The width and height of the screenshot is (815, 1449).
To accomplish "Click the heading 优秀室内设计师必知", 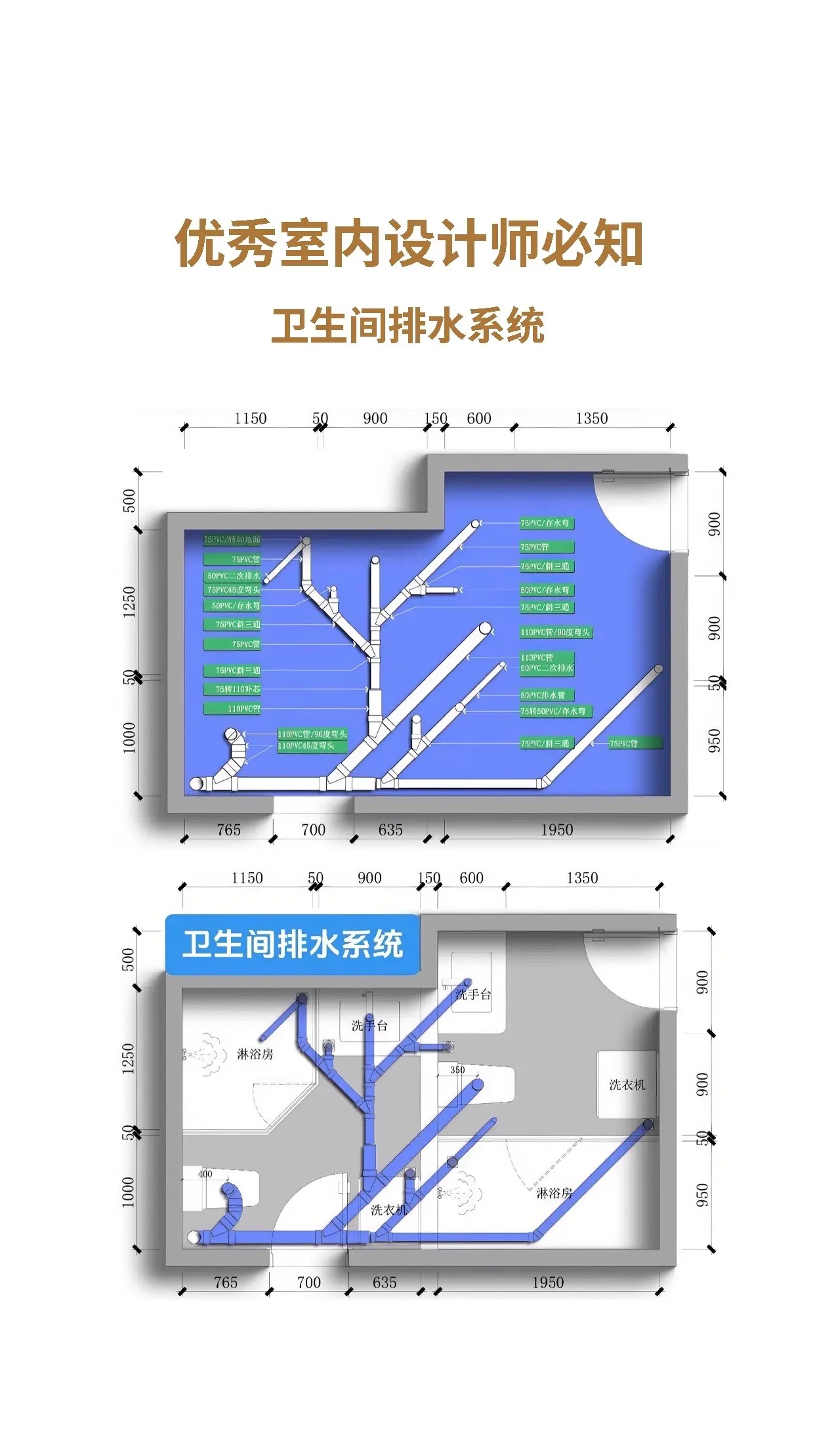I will point(408,244).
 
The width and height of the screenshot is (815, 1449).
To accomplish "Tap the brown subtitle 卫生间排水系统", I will point(407,325).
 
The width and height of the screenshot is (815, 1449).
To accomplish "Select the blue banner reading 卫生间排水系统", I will point(293,944).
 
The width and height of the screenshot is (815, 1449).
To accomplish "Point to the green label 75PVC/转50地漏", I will point(232,539).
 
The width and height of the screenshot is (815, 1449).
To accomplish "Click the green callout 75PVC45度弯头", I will point(234,590).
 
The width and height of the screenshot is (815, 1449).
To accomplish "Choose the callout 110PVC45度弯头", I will point(306,746).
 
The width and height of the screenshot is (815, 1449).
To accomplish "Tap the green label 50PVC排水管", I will point(543,696).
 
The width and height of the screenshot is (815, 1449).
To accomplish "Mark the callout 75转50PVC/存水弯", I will point(553,711).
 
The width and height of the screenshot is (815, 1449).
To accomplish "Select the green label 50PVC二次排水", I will point(234,576).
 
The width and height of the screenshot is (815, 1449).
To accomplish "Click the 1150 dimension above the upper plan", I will point(250,419).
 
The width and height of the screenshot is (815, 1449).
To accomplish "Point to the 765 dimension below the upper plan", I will point(228,830).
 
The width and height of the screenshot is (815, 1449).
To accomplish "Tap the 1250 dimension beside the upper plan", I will point(129,602).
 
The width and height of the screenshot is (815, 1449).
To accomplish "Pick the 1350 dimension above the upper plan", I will point(591,419).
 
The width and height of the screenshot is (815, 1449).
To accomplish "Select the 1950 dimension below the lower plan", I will point(547,1282).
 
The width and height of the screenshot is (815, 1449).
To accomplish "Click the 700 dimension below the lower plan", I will point(308,1282).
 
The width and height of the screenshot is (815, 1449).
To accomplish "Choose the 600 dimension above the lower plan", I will point(471,878).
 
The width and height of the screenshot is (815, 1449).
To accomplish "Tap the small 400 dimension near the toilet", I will point(205,1174).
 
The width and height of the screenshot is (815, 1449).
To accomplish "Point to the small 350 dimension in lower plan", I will point(457,1070).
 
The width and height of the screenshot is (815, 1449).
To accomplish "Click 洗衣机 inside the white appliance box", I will point(627,1085).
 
